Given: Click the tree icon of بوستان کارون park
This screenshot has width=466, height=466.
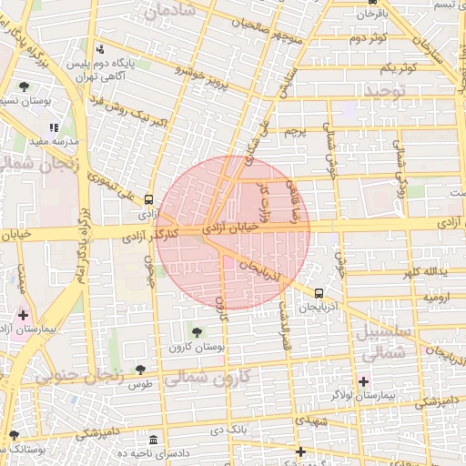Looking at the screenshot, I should (x=197, y=329).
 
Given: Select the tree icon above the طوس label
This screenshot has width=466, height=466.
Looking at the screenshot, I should (x=141, y=370).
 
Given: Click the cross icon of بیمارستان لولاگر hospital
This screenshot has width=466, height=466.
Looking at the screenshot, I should (x=365, y=381).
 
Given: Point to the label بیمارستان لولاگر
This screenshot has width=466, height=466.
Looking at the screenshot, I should (x=388, y=397).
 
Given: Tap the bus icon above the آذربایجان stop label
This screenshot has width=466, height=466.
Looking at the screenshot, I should (x=319, y=293).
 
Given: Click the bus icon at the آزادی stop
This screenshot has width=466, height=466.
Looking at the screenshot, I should (x=148, y=200).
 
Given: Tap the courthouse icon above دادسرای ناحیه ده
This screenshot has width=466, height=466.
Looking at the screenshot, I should (x=153, y=439).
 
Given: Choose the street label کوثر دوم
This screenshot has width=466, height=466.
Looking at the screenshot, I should (x=369, y=38).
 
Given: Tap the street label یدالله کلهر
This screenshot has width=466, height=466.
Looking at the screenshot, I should (x=429, y=272).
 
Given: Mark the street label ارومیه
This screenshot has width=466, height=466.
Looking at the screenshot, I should (x=434, y=298).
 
